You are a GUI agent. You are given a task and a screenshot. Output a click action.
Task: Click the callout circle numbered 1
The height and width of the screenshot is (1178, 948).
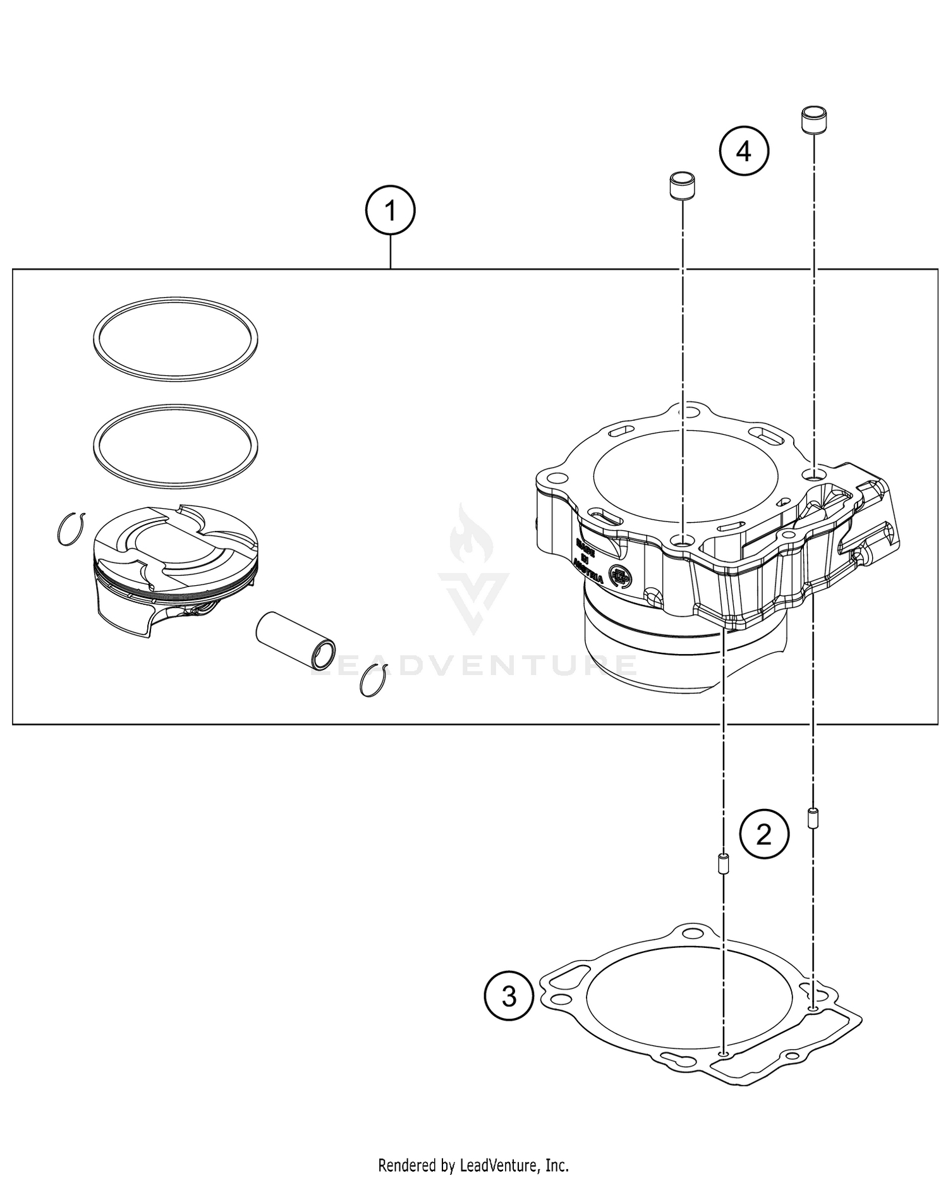point(391,210)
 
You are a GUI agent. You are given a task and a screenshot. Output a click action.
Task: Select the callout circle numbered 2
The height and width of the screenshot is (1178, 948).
point(764,835)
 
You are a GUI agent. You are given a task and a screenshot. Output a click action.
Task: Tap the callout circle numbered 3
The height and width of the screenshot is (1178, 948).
point(509,997)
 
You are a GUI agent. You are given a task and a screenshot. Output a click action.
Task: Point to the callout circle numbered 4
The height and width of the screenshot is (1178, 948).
point(744,151)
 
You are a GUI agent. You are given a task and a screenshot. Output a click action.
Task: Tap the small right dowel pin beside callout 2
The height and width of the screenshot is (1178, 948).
point(813,818)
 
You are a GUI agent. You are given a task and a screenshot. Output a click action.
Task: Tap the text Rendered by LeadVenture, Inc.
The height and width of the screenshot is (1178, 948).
point(473,1164)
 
